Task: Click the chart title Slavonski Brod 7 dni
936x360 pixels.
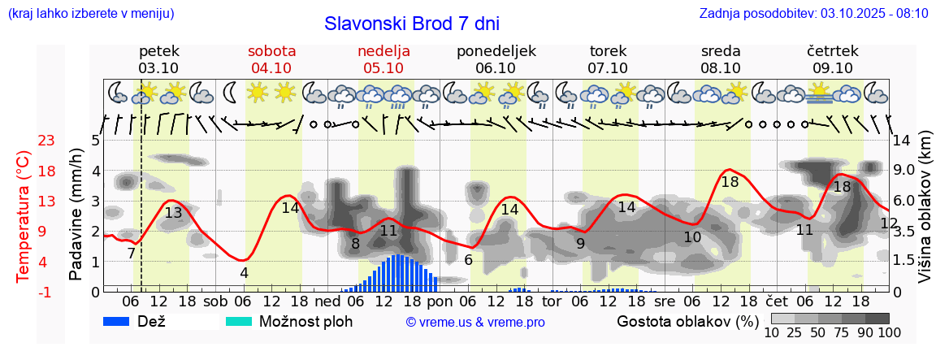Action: click(x=412, y=23)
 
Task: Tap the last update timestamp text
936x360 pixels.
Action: click(x=813, y=14)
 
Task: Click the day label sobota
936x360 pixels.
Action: click(x=271, y=51)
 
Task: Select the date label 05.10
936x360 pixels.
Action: click(x=383, y=68)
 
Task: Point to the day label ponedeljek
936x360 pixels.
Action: click(x=496, y=51)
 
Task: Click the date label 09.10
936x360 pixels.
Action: click(x=832, y=68)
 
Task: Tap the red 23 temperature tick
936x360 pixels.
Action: click(x=46, y=141)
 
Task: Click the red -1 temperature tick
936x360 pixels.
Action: click(x=46, y=292)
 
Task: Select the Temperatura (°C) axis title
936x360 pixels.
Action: click(x=24, y=216)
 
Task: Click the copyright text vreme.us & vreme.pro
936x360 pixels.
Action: click(x=475, y=323)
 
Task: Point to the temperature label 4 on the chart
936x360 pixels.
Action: click(x=244, y=273)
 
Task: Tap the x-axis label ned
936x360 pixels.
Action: click(x=327, y=301)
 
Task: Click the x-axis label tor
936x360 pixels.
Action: click(x=552, y=301)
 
